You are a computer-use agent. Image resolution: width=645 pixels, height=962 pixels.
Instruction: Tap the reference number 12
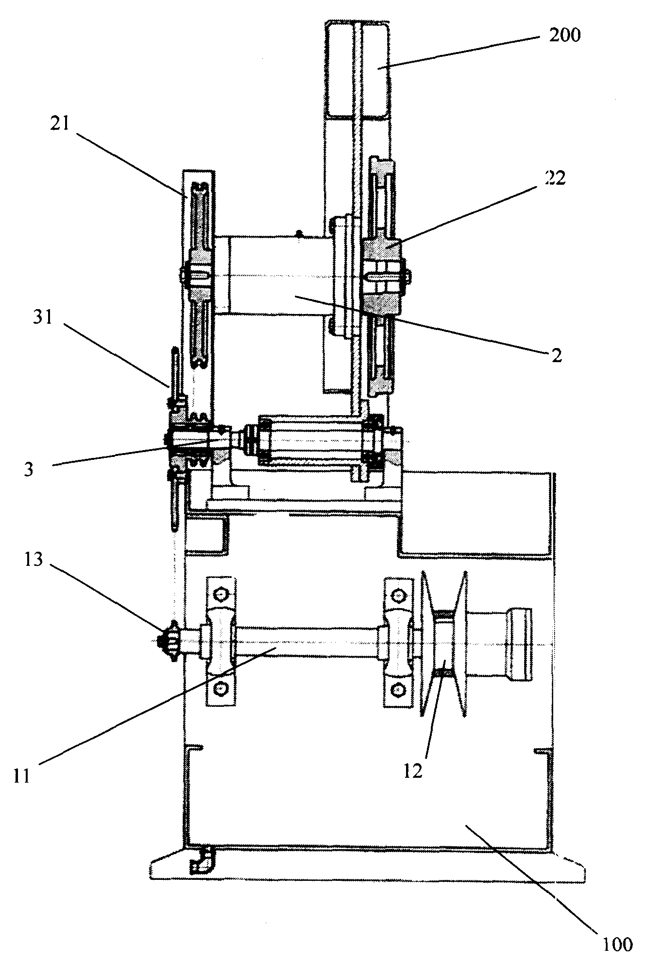coord(413,771)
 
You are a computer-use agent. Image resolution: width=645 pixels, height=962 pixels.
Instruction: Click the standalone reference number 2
coord(557,356)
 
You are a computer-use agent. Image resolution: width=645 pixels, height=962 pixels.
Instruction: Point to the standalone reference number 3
coord(29,470)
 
